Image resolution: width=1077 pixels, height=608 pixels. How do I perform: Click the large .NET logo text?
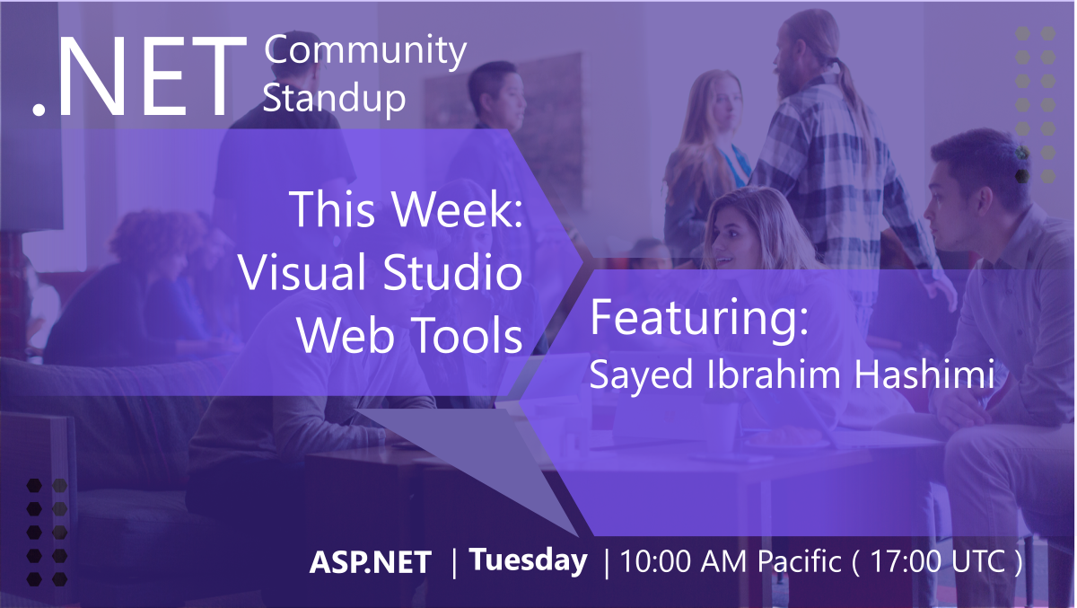coord(139,79)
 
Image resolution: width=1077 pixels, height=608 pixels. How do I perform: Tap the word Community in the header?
coord(365,51)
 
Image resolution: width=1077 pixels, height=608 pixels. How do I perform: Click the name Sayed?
coord(628,374)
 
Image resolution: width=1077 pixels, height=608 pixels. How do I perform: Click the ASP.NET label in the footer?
coord(371,562)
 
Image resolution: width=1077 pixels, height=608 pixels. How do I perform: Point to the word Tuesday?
coord(529,560)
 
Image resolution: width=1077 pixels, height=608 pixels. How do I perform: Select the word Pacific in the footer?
coord(799,562)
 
